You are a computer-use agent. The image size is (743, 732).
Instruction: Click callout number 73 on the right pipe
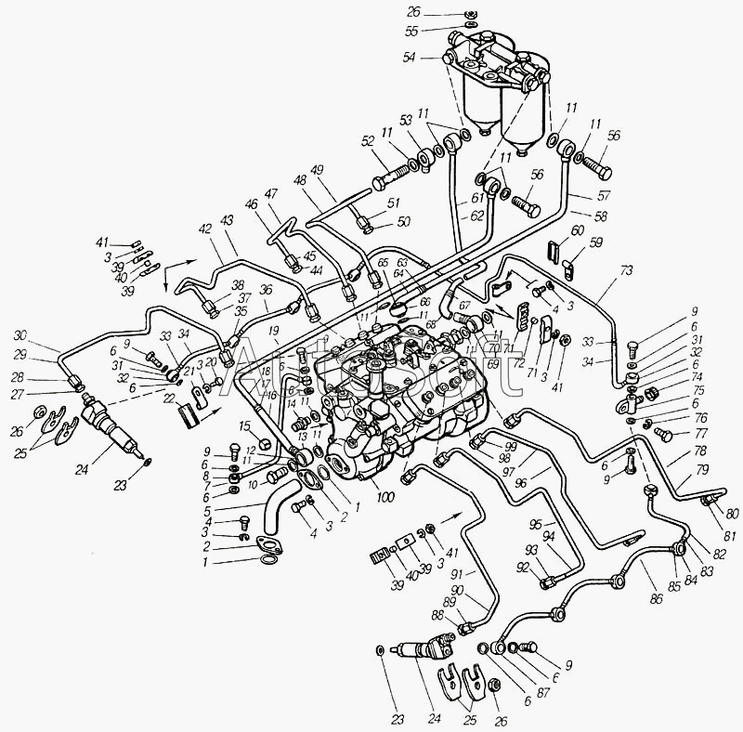pyautogui.click(x=626, y=270)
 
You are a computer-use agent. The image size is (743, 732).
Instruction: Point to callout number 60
pyautogui.click(x=577, y=230)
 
